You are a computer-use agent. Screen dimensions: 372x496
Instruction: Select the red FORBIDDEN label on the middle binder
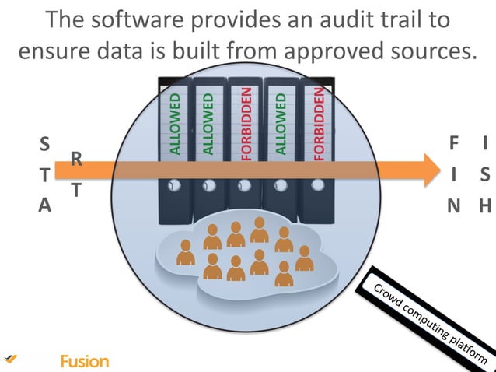click(x=246, y=123)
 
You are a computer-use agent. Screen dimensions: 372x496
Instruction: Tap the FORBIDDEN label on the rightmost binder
click(x=317, y=123)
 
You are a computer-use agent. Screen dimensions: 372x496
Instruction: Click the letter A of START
click(x=44, y=205)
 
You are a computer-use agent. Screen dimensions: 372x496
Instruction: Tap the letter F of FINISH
click(x=454, y=144)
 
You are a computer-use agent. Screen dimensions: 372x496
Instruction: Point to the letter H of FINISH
click(x=485, y=206)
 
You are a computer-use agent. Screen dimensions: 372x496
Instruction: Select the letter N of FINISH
click(x=453, y=206)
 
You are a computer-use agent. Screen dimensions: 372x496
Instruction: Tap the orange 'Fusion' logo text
click(x=84, y=361)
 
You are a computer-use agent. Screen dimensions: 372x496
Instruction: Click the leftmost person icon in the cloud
click(x=185, y=252)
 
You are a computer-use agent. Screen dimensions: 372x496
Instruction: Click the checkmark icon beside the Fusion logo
click(x=10, y=358)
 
